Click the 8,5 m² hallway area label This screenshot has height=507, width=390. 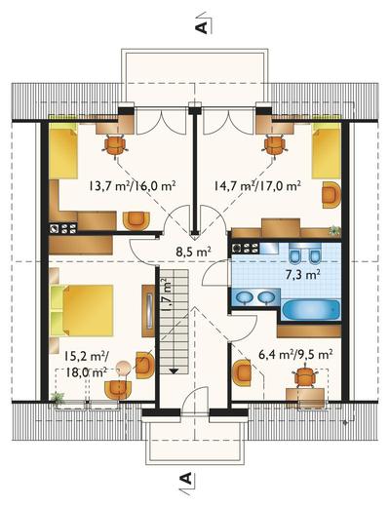click(x=194, y=252)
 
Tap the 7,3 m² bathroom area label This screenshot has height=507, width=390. click(x=302, y=275)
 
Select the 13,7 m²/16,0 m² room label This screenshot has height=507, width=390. click(x=133, y=186)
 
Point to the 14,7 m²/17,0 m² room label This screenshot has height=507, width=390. click(x=257, y=186)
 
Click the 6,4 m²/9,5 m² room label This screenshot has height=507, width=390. click(x=295, y=354)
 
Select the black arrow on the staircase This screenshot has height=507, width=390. click(x=174, y=371)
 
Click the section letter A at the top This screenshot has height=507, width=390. click(x=202, y=27)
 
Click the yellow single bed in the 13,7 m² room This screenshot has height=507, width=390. click(x=63, y=153)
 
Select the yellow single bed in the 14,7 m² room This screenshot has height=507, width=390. click(x=326, y=153)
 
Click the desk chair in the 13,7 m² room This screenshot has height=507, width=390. click(x=115, y=146)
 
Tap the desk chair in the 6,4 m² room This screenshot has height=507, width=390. click(x=305, y=377)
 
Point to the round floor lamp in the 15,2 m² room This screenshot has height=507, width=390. click(x=124, y=368)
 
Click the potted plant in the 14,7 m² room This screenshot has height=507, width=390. click(x=334, y=230)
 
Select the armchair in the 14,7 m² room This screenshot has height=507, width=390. click(x=331, y=194)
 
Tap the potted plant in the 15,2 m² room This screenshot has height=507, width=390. click(x=58, y=398)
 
